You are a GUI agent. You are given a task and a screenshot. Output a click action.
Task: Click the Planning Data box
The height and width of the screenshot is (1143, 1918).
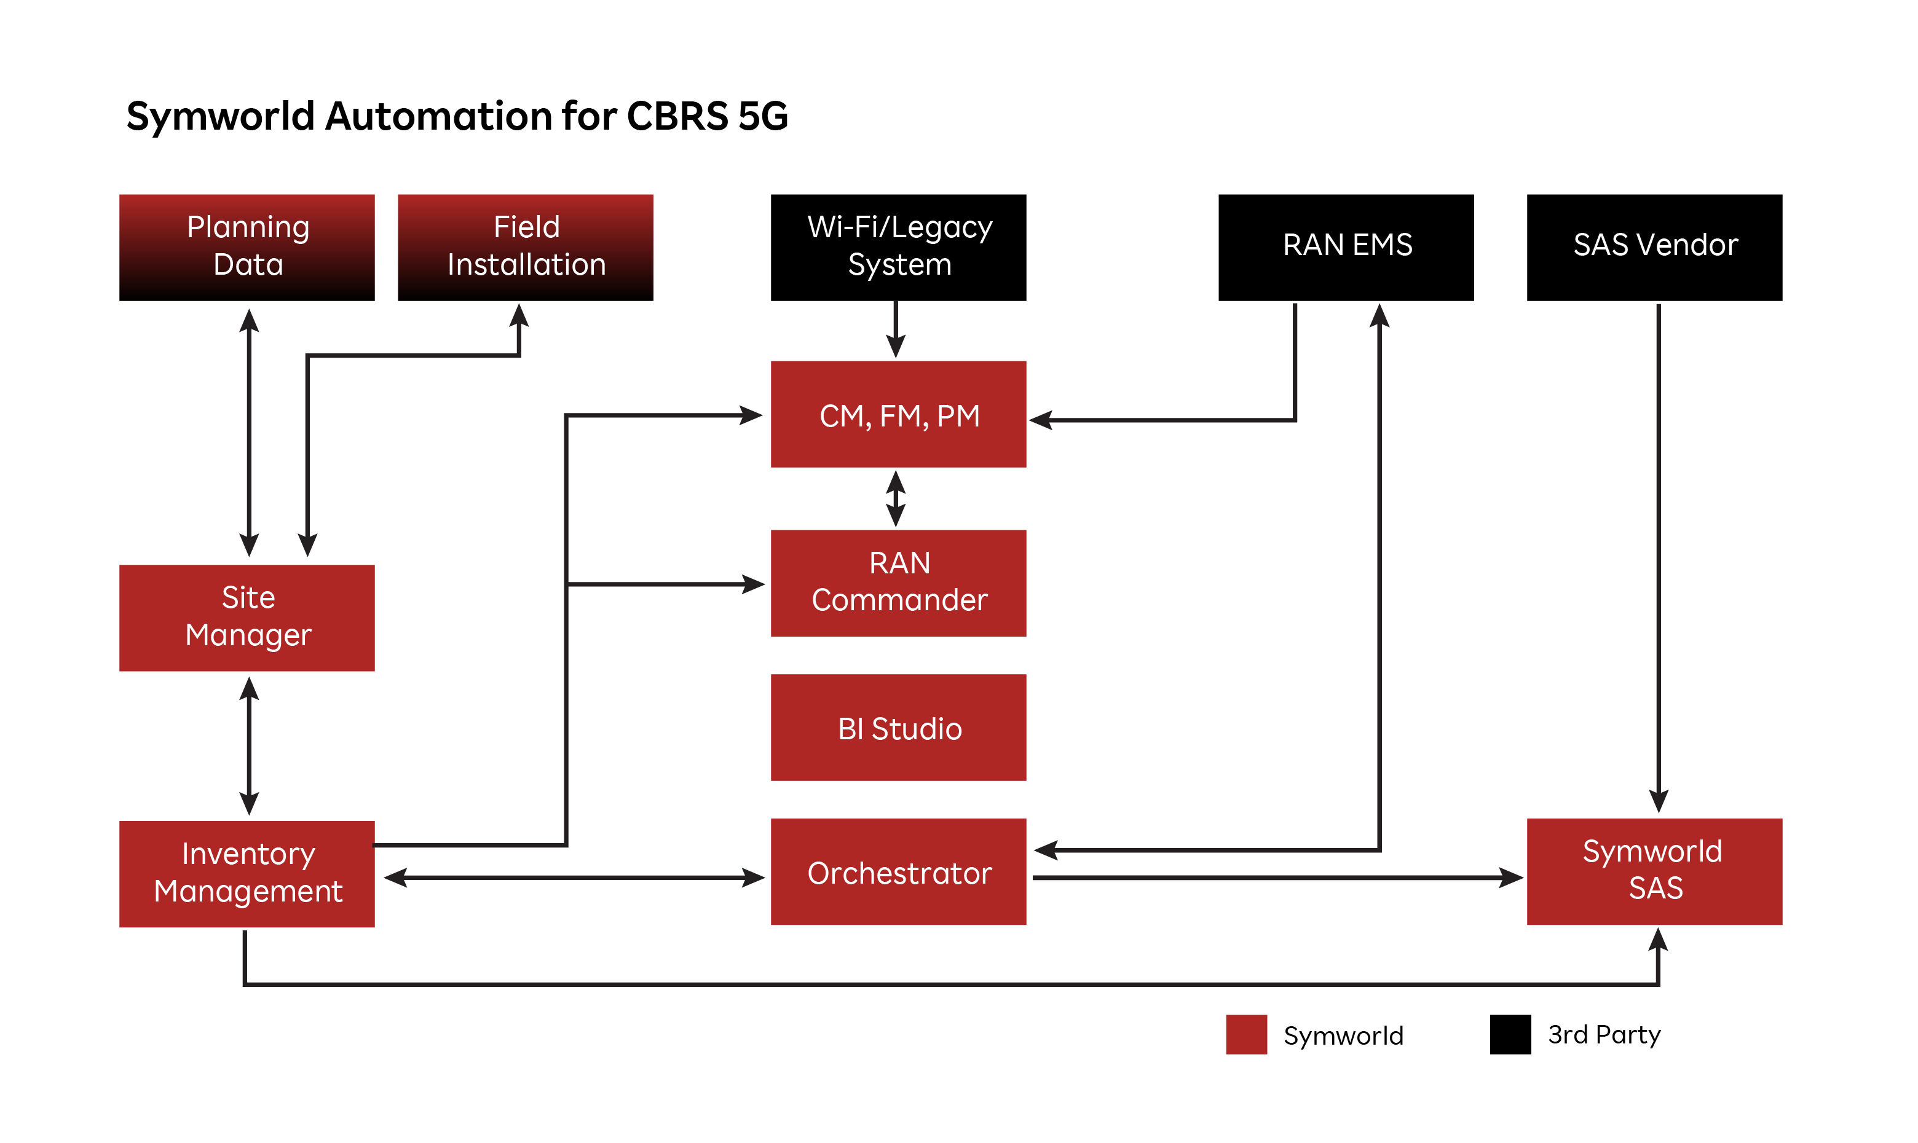point(247,247)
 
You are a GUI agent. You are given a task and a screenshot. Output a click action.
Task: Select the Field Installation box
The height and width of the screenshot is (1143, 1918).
point(526,247)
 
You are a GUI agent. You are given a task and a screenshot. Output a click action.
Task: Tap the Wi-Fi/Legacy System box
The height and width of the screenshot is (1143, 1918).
point(898,247)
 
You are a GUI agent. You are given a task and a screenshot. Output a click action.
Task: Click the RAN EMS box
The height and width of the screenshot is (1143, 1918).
point(1346,247)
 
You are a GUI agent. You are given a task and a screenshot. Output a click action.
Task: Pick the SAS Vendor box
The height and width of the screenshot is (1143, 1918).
point(1654,247)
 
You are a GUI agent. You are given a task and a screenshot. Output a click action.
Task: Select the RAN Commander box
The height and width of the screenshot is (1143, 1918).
point(898,583)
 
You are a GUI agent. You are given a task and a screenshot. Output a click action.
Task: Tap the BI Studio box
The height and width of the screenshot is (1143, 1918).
point(898,728)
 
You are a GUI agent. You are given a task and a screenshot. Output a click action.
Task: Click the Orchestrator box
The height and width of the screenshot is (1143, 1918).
point(898,873)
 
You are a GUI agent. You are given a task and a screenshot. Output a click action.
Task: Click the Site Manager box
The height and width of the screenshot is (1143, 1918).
point(247,618)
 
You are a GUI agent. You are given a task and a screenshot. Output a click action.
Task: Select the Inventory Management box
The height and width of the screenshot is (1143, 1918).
point(247,874)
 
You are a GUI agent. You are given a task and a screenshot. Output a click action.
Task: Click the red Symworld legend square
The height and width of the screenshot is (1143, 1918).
point(1245,1034)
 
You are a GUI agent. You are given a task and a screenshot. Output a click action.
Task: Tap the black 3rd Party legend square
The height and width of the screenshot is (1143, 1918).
point(1510,1034)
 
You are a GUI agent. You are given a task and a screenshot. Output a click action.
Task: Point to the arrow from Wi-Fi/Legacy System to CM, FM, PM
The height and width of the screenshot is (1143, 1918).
point(895,329)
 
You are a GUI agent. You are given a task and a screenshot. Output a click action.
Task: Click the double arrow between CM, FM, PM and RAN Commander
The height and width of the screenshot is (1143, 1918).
point(895,498)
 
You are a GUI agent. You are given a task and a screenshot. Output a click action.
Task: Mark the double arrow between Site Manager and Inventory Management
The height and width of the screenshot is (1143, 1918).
point(249,745)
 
